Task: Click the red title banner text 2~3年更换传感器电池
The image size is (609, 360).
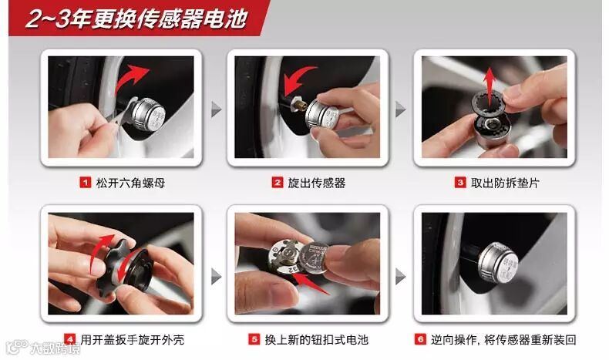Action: (x=136, y=19)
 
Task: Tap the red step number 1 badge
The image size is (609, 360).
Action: (x=85, y=182)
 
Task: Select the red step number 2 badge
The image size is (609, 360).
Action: (x=278, y=182)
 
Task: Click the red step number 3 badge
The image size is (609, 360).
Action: (x=460, y=182)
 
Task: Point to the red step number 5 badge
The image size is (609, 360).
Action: (x=254, y=339)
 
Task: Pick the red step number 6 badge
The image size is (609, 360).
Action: (x=420, y=339)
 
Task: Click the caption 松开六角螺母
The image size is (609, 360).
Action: (x=130, y=183)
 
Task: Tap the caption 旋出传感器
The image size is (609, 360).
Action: (x=317, y=183)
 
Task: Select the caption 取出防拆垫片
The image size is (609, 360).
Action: (x=505, y=183)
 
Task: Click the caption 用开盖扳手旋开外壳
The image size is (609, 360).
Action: (x=133, y=340)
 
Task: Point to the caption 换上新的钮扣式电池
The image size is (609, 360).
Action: (x=317, y=340)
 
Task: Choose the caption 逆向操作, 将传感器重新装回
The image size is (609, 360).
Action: (x=503, y=340)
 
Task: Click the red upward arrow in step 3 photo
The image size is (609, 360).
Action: (x=490, y=83)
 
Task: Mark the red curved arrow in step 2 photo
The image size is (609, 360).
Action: (x=293, y=79)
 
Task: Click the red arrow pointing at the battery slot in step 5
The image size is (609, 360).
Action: (x=309, y=283)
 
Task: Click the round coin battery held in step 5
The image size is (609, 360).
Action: (x=314, y=258)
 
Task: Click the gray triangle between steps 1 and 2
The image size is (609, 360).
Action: (x=216, y=109)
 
